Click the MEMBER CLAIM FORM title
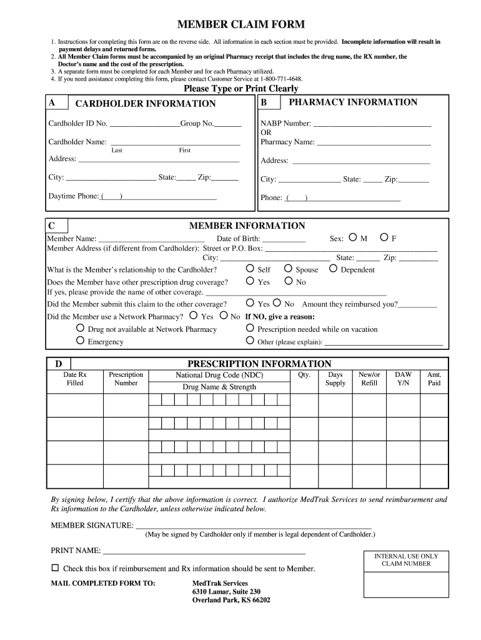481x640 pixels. click(x=241, y=25)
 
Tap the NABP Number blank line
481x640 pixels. click(x=372, y=124)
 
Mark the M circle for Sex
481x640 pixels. click(x=353, y=237)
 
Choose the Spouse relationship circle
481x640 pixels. click(x=288, y=269)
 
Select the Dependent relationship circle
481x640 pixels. click(x=334, y=269)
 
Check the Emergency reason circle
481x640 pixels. click(x=80, y=341)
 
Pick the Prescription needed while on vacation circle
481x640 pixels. click(x=250, y=328)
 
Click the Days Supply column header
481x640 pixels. click(x=335, y=379)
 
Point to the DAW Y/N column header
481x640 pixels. click(x=403, y=379)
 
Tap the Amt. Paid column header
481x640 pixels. click(x=434, y=379)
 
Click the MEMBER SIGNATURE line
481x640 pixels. click(x=253, y=526)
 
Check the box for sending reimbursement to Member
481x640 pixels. click(x=54, y=568)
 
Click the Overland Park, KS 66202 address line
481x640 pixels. click(x=231, y=600)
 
